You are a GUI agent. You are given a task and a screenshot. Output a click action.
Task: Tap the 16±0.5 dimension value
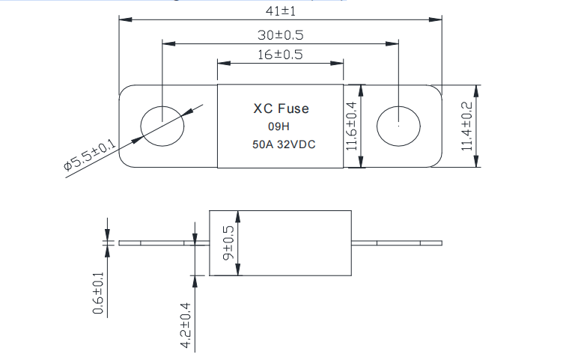(x=280, y=55)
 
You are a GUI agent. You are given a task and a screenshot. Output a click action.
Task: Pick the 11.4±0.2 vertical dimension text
(x=467, y=126)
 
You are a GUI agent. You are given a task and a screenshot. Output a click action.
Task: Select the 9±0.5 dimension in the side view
(x=228, y=242)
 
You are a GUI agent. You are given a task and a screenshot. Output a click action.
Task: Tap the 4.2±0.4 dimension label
(x=186, y=323)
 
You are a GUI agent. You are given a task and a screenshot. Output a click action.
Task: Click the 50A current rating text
(x=261, y=144)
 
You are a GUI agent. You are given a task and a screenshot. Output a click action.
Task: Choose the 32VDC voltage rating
(x=294, y=144)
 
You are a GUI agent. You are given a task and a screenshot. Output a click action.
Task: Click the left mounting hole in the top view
(x=162, y=126)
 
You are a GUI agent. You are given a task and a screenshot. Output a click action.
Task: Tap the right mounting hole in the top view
(x=398, y=126)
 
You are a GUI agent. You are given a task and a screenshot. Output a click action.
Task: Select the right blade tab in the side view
(x=397, y=242)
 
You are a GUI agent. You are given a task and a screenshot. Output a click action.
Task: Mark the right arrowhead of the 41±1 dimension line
(x=437, y=19)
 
